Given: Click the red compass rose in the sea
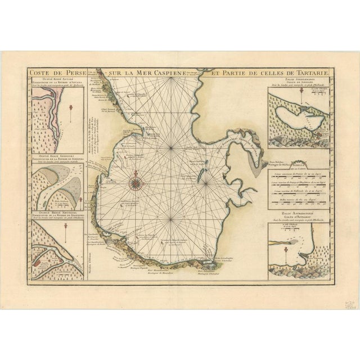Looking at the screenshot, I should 136,181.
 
